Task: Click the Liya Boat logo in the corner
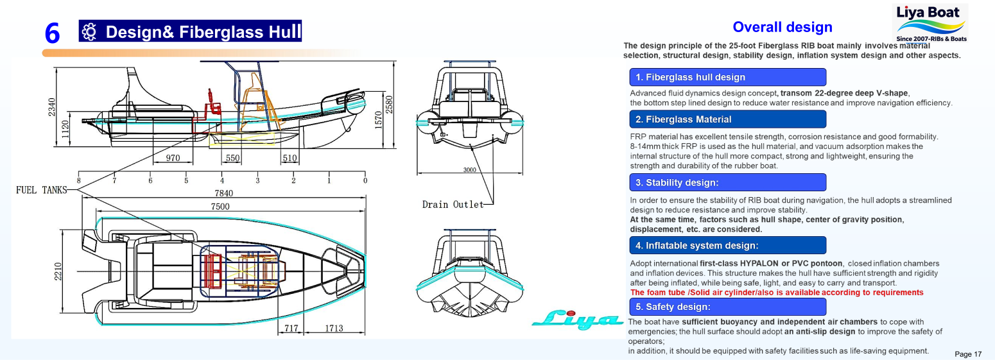click(931, 22)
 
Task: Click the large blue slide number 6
click(53, 33)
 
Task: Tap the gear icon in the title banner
click(90, 31)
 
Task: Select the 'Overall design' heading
click(782, 27)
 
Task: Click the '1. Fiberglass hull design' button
click(727, 77)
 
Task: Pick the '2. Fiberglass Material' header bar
click(727, 119)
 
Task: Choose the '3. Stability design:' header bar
click(727, 182)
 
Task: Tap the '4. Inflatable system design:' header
click(727, 245)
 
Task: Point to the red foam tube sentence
click(777, 293)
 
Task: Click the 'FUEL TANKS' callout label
click(41, 190)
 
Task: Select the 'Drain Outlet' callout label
click(453, 205)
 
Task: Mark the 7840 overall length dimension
click(223, 193)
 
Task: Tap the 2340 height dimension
click(52, 107)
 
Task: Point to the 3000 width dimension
click(469, 170)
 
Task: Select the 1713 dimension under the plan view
click(333, 329)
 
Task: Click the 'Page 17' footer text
click(968, 354)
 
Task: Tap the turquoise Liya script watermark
click(576, 319)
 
